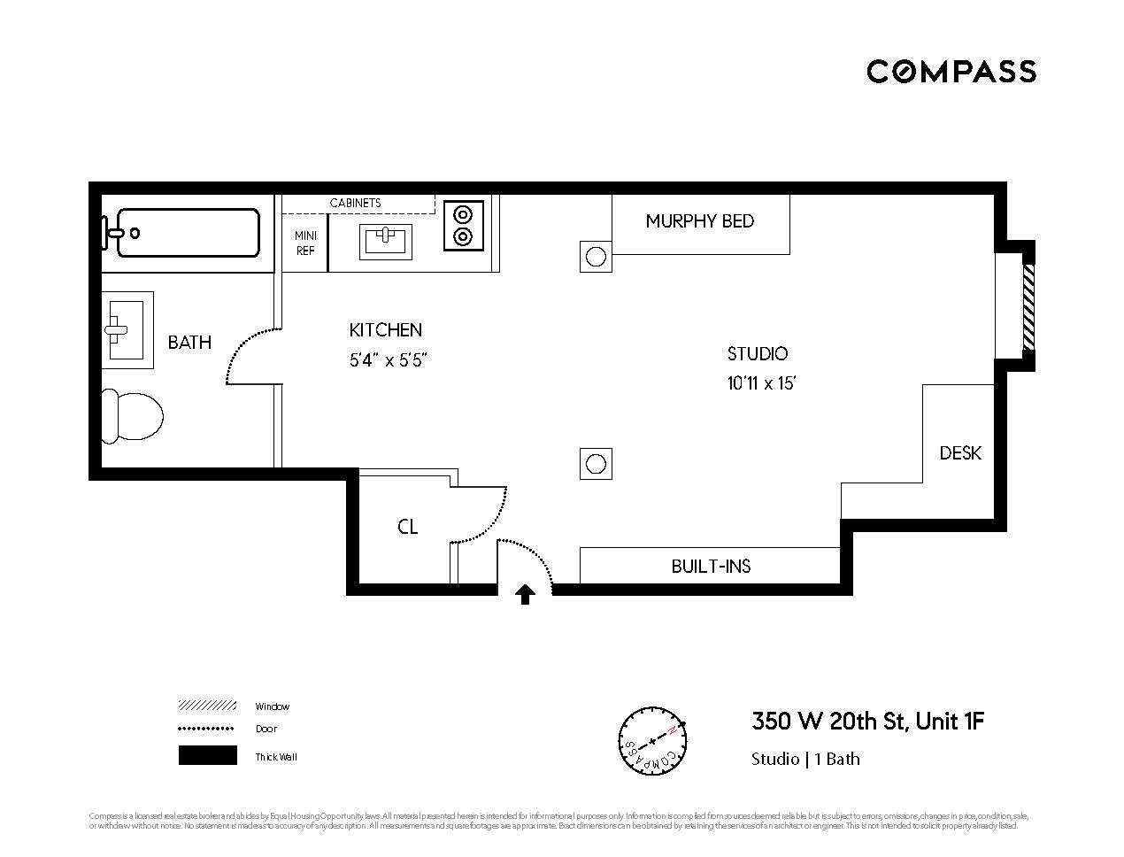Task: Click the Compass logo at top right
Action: pos(951,71)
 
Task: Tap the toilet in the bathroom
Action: pos(132,415)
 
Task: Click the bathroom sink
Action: pos(127,330)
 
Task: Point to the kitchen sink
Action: pos(386,241)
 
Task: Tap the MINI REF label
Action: pos(305,243)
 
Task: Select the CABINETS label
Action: pos(355,203)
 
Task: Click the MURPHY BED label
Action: pos(699,221)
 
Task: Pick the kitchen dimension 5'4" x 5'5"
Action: pos(389,360)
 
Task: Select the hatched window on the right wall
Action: pos(1028,307)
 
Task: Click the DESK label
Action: pos(960,453)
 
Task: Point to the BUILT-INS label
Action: pos(711,567)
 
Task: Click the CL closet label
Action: pos(407,528)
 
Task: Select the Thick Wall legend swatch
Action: pos(208,756)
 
